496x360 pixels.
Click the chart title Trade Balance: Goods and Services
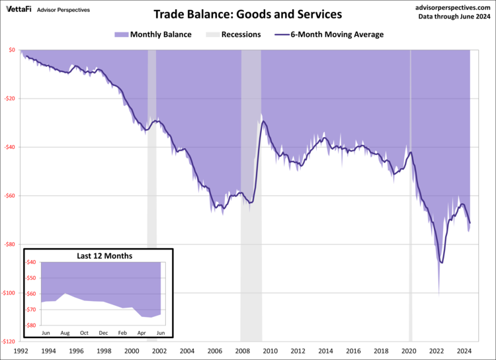tap(248, 14)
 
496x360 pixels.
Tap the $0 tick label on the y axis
tap(12, 50)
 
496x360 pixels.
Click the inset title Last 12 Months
tap(99, 255)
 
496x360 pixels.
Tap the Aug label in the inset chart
tap(65, 332)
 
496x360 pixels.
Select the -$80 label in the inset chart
tap(31, 325)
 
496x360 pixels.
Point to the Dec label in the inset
tap(103, 332)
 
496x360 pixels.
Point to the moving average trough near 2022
tap(441, 263)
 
